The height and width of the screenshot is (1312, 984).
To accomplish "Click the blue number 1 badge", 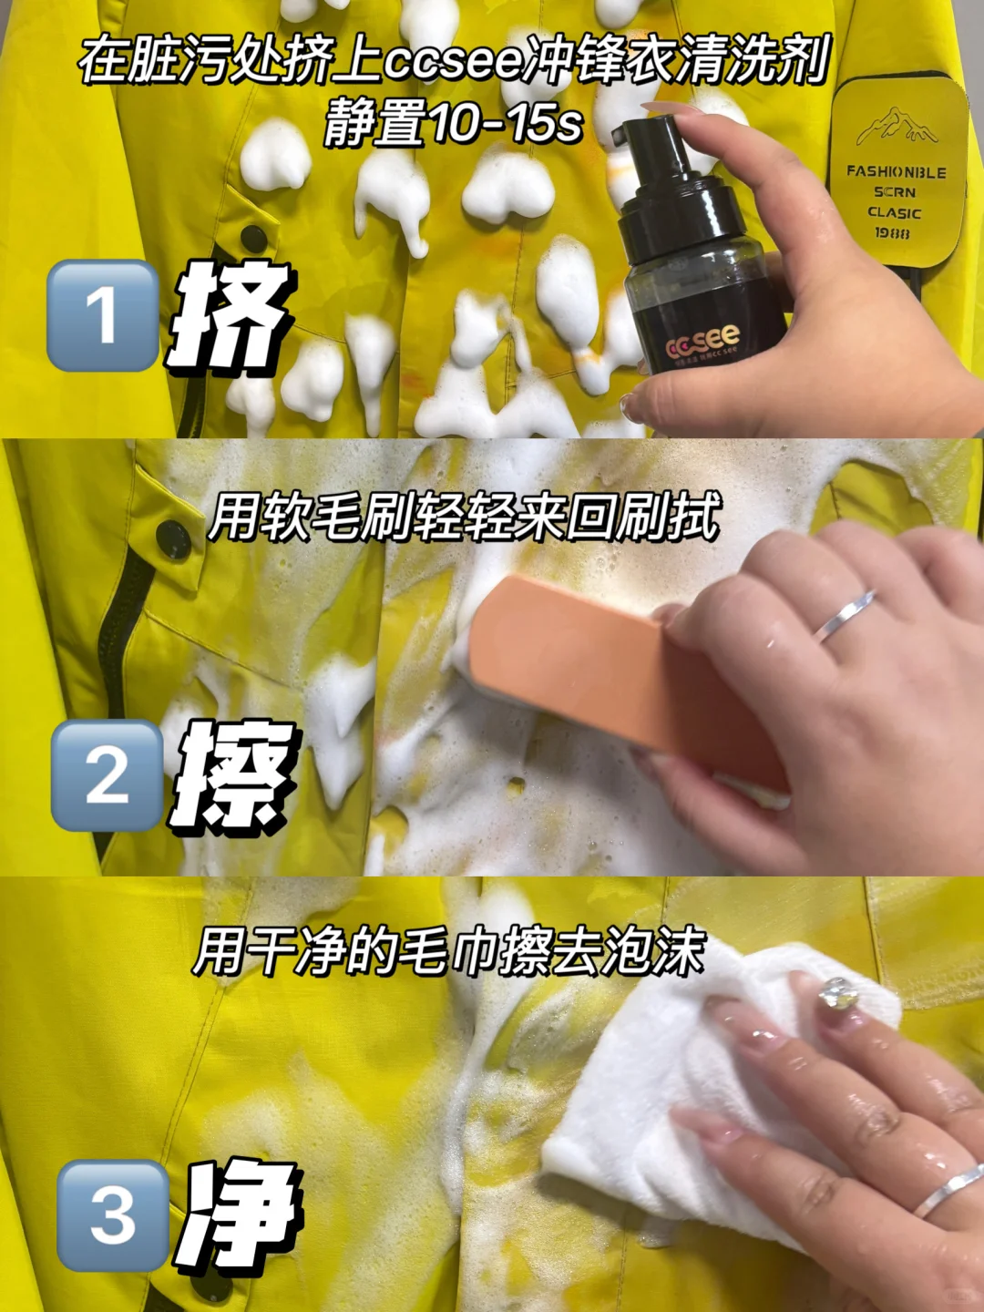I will pyautogui.click(x=102, y=315).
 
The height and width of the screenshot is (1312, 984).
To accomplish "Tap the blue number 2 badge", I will pyautogui.click(x=107, y=775).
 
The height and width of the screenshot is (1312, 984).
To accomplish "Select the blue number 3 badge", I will pyautogui.click(x=112, y=1215).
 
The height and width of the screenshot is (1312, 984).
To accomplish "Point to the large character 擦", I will pyautogui.click(x=235, y=775).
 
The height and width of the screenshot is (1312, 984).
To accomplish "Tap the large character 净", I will pyautogui.click(x=241, y=1216).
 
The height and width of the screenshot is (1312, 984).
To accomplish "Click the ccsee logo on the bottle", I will pyautogui.click(x=703, y=345).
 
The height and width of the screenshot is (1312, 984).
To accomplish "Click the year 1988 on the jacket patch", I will pyautogui.click(x=892, y=233).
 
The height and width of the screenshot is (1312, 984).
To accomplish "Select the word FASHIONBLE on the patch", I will pyautogui.click(x=896, y=171).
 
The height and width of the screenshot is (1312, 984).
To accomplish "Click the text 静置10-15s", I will pyautogui.click(x=453, y=123).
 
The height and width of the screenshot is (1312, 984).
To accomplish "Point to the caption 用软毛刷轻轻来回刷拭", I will pyautogui.click(x=465, y=518).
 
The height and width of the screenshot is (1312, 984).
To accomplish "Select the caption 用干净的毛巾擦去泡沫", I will pyautogui.click(x=449, y=953).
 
